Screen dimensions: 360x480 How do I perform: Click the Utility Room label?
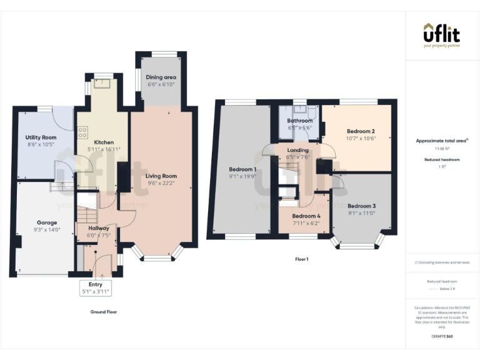[x=41, y=137]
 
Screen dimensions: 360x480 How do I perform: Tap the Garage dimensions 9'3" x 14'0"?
[x=47, y=230]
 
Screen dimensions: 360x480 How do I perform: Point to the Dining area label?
[x=161, y=77]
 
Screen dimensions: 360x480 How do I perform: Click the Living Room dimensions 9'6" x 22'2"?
[x=161, y=184]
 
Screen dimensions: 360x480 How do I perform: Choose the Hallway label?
[x=98, y=228]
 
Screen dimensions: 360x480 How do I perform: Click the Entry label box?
[x=95, y=288]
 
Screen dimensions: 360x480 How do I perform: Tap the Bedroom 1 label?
[x=242, y=169]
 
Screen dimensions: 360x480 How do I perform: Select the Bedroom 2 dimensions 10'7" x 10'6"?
[x=361, y=139]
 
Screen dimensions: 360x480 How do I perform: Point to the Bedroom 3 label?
[x=361, y=206]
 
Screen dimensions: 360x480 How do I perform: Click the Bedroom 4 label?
[x=306, y=216]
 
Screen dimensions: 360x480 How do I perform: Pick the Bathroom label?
[x=299, y=121]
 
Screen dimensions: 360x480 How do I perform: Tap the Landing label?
[x=297, y=150]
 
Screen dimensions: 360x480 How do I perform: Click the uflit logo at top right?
[x=442, y=35]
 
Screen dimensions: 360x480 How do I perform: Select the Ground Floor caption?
[x=104, y=311]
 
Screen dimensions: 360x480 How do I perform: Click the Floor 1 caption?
[x=302, y=259]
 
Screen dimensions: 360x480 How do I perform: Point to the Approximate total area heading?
[x=442, y=141]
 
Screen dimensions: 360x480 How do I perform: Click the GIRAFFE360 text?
[x=442, y=336]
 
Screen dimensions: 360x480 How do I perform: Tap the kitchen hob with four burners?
[x=82, y=133]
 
